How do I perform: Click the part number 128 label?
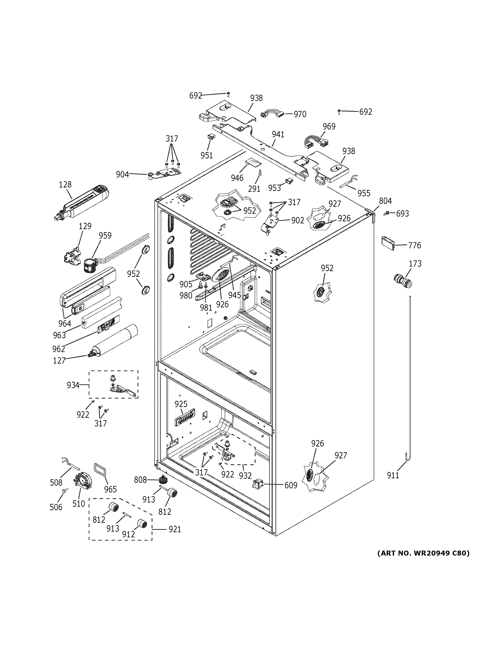point(65,185)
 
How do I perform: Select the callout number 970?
point(300,114)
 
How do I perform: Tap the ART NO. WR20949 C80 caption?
point(423,553)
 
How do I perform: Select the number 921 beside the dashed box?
point(174,529)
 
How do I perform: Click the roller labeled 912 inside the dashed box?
point(142,524)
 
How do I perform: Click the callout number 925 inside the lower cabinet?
point(181,404)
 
